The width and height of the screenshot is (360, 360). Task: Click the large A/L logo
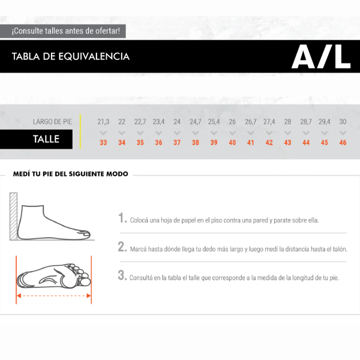tap(321, 56)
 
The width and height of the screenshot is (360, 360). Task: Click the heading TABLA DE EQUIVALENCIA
tap(70, 56)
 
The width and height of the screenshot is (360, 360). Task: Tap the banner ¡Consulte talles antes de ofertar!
tap(66, 31)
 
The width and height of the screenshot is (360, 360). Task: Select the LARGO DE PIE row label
tap(52, 122)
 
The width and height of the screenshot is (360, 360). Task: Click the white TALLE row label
tap(46, 139)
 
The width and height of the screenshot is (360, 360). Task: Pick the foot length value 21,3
tap(103, 122)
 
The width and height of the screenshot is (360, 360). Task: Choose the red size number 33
tap(103, 143)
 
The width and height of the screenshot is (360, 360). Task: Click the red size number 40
tap(232, 143)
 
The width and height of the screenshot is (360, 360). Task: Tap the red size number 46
tap(343, 143)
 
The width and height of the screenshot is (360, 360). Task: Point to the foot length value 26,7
tap(250, 122)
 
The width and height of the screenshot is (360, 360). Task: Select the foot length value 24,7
tap(195, 122)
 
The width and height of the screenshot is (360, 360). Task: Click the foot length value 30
tap(343, 122)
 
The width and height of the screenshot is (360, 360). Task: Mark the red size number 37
tap(177, 143)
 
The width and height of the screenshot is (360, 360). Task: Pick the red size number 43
tap(287, 143)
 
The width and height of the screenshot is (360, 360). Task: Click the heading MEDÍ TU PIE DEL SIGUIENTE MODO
tap(70, 175)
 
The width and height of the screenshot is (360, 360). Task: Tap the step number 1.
tap(122, 218)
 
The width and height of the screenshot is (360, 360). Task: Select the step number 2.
tap(122, 247)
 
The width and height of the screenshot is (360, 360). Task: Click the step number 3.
tap(122, 276)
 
